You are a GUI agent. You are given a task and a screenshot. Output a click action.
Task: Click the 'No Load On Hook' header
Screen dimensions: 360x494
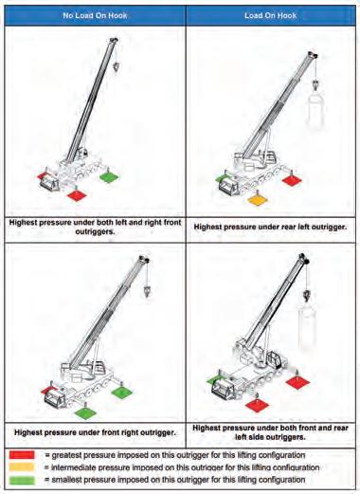(x=95, y=15)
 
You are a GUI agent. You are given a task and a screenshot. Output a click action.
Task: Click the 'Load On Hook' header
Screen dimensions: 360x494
(x=270, y=15)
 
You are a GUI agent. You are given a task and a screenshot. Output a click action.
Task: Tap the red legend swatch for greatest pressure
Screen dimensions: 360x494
(x=22, y=455)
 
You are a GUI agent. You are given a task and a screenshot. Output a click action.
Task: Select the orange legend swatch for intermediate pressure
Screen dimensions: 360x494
(x=22, y=467)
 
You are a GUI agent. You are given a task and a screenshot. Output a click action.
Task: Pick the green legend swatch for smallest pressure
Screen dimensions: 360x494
(x=22, y=480)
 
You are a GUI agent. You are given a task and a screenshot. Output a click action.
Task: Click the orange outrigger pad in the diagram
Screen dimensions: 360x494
(x=258, y=200)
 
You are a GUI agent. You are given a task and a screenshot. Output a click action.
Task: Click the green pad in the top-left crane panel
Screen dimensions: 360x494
(x=109, y=177)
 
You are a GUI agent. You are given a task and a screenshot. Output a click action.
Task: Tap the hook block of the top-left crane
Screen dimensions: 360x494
(x=117, y=67)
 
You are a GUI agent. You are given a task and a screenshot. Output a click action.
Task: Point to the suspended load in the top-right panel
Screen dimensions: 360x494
(x=315, y=111)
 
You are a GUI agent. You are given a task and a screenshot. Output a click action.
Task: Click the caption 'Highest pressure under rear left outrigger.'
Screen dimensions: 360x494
(x=270, y=227)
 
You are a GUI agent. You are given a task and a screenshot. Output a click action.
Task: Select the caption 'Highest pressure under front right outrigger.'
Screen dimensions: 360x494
(x=95, y=432)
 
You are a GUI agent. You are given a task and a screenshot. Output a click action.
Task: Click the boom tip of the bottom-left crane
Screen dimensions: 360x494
(x=144, y=259)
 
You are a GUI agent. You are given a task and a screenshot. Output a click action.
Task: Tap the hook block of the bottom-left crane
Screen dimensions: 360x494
(x=147, y=291)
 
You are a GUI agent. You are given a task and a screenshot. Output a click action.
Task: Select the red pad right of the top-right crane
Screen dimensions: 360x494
(x=292, y=180)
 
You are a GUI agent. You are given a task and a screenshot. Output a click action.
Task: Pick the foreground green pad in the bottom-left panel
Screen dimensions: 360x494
(x=86, y=413)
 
